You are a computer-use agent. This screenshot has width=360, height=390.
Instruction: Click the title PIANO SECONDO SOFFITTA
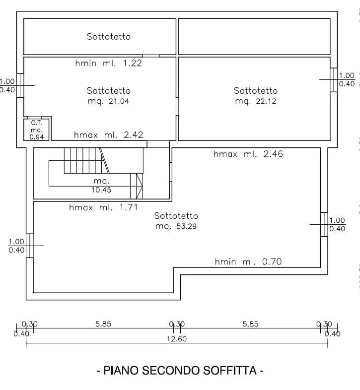180,370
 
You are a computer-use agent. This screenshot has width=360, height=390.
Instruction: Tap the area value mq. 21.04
109,101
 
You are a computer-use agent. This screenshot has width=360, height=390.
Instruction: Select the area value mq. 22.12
256,101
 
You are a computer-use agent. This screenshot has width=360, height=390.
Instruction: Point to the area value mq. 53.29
176,226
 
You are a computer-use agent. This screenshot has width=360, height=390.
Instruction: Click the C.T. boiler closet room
37,130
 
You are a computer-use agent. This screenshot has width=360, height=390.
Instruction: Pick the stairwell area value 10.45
101,190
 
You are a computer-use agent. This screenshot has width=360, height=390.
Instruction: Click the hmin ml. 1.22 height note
109,63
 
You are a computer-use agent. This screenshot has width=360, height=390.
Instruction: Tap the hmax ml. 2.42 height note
109,135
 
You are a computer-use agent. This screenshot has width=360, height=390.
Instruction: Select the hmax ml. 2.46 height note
248,154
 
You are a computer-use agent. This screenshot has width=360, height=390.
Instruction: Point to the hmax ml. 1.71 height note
103,207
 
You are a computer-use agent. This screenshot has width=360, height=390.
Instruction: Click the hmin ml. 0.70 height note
248,261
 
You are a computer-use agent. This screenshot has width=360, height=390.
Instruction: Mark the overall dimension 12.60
177,339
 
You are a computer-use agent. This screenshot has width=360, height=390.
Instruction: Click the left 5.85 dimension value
103,324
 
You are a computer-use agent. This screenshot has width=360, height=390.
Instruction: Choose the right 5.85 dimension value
250,324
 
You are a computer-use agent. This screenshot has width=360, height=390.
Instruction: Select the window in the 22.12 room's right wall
334,79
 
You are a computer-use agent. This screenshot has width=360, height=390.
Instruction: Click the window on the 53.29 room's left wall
30,246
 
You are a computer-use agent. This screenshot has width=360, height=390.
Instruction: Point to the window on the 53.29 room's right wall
324,224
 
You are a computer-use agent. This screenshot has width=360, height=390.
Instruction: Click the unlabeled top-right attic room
254,37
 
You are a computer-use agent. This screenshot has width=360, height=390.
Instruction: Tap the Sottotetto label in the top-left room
109,37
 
